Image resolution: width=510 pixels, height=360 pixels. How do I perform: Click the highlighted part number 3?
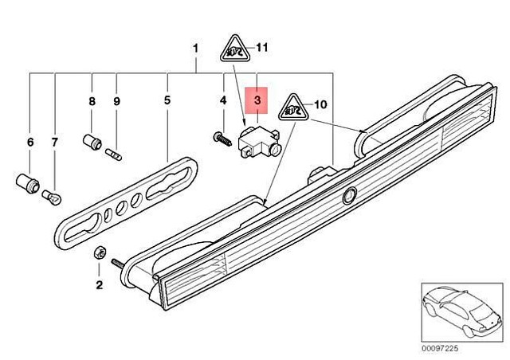click(257, 101)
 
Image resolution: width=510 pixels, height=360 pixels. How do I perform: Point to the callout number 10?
click(321, 104)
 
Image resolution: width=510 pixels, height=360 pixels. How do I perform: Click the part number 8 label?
click(92, 102)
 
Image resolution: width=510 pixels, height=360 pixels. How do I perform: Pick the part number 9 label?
click(116, 102)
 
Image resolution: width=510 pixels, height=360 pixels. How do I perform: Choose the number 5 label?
click(167, 102)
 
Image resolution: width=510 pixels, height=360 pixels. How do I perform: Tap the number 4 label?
click(222, 102)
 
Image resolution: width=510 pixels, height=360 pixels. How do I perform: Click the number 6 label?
click(30, 142)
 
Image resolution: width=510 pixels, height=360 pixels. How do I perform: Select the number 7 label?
click(55, 142)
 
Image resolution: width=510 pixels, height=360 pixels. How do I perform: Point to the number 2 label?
click(100, 284)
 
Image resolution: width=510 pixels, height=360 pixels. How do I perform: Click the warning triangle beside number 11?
click(233, 49)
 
